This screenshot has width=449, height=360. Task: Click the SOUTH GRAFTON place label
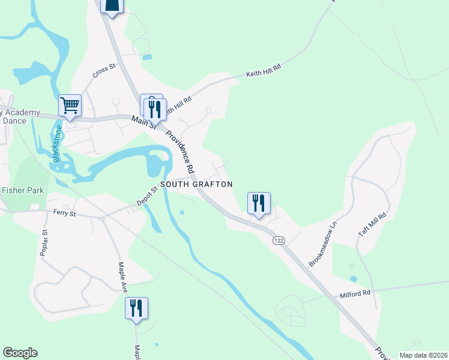pyautogui.click(x=196, y=184)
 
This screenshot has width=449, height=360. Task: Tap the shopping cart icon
pyautogui.click(x=70, y=106)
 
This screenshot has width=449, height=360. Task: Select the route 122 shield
pyautogui.click(x=278, y=240)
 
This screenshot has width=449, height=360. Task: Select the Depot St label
pyautogui.click(x=146, y=196)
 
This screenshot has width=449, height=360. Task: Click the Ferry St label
pyautogui.click(x=65, y=212)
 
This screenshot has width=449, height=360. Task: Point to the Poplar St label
pyautogui.click(x=44, y=242)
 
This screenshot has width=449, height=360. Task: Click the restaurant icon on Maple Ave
pyautogui.click(x=136, y=308)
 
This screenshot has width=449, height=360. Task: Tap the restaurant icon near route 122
pyautogui.click(x=259, y=203)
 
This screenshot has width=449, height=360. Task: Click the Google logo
pyautogui.click(x=20, y=353)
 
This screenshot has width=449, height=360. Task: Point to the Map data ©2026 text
pyautogui.click(x=423, y=355)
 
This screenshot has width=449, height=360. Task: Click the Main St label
pyautogui.click(x=144, y=122)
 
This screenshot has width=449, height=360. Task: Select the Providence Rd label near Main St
pyautogui.click(x=182, y=149)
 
